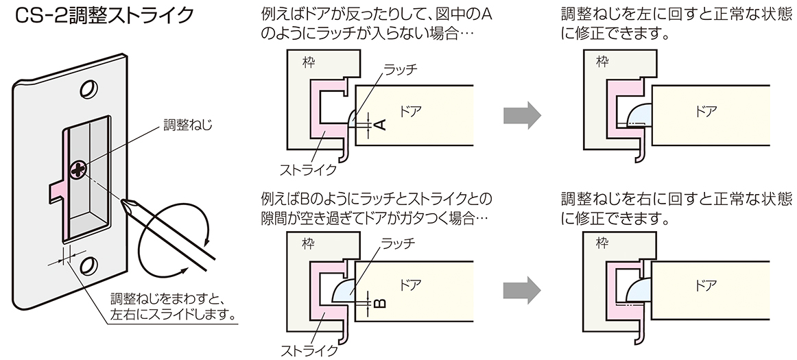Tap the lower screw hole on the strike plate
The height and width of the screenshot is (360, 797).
[88, 266]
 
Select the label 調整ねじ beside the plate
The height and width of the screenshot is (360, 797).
[189, 125]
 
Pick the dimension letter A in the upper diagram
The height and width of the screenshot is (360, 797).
[381, 123]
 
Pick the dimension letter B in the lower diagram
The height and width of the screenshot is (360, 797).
[381, 302]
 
